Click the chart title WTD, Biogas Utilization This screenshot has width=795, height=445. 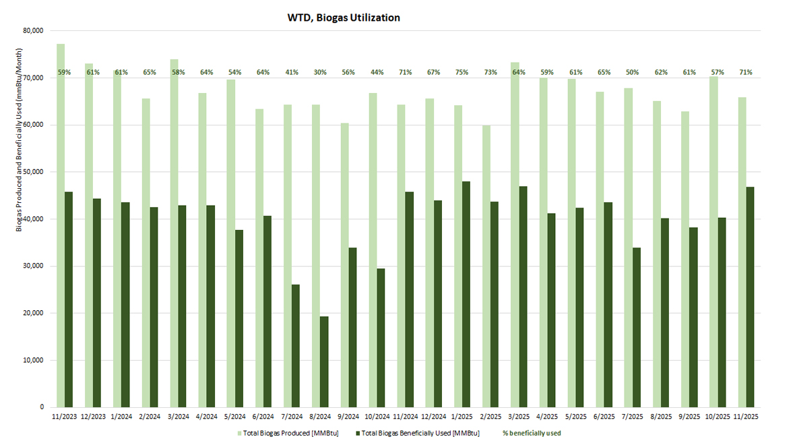344,18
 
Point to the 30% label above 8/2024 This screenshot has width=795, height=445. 320,72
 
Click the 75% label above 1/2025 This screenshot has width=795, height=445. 462,72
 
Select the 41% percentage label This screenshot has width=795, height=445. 292,72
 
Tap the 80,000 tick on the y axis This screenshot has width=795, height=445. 33,30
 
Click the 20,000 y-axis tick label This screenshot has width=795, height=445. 33,313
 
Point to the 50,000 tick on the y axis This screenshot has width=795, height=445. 33,172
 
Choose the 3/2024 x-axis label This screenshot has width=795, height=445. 178,417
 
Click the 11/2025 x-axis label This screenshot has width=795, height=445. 746,417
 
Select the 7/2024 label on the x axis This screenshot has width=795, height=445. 292,417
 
